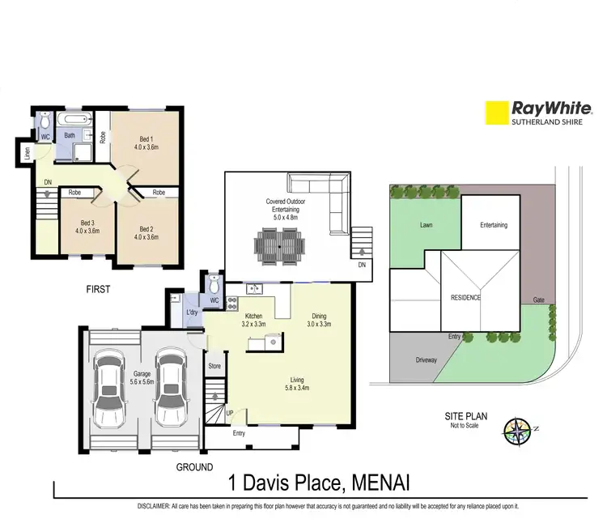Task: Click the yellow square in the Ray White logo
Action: pos(495,113)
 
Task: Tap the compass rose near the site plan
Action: pos(516,429)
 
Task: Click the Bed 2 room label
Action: pos(146,231)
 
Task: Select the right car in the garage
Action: pos(171,391)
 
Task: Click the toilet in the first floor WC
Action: pos(45,123)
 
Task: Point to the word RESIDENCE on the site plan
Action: pos(465,297)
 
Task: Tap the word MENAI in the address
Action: pos(380,484)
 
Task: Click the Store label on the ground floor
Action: pos(215,365)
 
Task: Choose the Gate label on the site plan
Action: pos(538,300)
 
